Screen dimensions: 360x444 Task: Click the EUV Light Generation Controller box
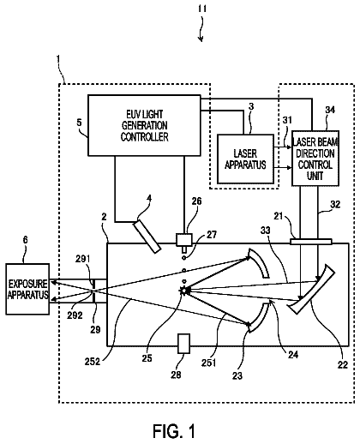(x=144, y=125)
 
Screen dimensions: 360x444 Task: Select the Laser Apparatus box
(x=245, y=159)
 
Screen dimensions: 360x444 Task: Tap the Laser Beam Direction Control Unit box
(x=315, y=159)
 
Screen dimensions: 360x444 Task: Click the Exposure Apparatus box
(x=27, y=289)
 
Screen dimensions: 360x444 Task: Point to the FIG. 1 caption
(x=174, y=431)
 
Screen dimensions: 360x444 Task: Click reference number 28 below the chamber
(x=176, y=375)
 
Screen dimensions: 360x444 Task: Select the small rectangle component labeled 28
(x=183, y=344)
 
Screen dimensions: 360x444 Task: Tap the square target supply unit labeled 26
(x=184, y=240)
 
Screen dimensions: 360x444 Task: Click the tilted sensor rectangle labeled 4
(x=147, y=237)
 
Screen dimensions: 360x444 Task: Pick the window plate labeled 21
(x=311, y=242)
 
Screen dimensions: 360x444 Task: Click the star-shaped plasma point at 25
(x=183, y=291)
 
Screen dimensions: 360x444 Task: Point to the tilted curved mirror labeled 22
(x=313, y=289)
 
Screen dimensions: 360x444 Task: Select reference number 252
(x=93, y=362)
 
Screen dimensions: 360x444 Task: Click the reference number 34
(x=330, y=110)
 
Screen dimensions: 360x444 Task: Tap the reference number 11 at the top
(x=202, y=9)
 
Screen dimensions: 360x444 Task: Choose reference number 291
(x=82, y=259)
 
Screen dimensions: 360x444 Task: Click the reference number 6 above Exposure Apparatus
(x=26, y=240)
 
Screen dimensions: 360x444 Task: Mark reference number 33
(x=266, y=231)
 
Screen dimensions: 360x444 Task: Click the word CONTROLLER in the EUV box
(x=144, y=137)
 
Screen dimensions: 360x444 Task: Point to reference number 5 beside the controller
(x=79, y=123)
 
